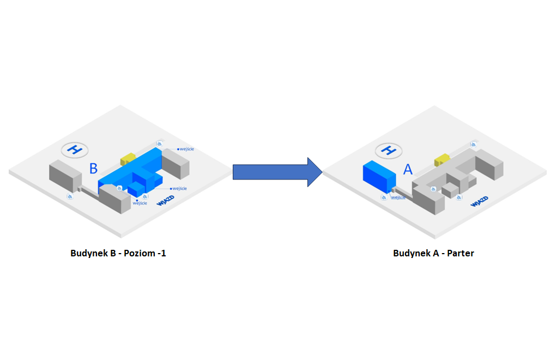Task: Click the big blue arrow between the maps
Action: click(275, 172)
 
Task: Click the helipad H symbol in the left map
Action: click(75, 149)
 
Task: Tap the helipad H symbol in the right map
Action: click(389, 149)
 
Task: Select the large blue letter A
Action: click(408, 169)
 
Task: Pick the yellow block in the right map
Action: click(442, 159)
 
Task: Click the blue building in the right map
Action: click(378, 177)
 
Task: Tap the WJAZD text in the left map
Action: click(165, 202)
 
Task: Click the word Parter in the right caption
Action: click(461, 253)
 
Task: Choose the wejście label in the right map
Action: click(398, 197)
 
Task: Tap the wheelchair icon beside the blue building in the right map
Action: click(385, 197)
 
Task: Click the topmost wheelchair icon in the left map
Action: click(160, 142)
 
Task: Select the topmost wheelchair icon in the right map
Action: click(473, 144)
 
